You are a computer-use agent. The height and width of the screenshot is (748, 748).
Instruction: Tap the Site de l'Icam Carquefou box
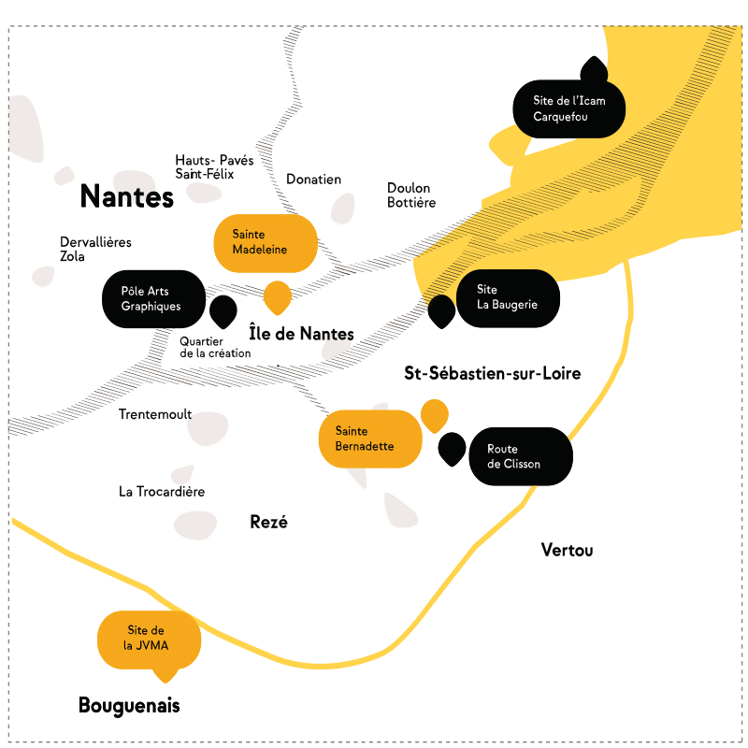coord(568,108)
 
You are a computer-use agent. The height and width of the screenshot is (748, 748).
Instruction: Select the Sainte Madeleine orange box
coord(261,242)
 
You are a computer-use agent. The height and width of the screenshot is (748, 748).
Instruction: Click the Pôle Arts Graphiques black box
coord(152,298)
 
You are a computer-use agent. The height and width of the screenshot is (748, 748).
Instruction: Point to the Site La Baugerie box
coord(508,297)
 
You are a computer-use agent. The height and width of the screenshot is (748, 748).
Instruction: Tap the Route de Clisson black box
coord(519,456)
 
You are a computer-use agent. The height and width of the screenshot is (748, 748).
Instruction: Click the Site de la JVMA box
coord(149,639)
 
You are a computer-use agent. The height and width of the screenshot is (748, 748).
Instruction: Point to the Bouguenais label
coord(129,706)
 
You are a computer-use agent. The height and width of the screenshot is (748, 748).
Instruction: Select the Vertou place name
coord(567,550)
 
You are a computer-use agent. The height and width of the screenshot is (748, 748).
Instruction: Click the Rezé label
coord(268,522)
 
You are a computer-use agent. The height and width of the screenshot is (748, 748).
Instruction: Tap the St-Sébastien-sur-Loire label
coord(492,374)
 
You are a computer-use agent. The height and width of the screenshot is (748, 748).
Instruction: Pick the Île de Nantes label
coord(301,334)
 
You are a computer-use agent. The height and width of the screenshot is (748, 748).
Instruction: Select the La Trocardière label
coord(162,491)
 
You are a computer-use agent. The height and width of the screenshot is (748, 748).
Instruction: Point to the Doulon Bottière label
coord(411,194)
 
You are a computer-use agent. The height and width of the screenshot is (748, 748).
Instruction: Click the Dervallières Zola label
coord(95,249)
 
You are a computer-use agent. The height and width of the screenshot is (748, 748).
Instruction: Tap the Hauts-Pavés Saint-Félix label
coord(213,167)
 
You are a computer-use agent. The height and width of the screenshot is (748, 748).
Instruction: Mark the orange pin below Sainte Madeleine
coord(278,296)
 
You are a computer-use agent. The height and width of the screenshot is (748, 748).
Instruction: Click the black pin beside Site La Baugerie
coord(441,310)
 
